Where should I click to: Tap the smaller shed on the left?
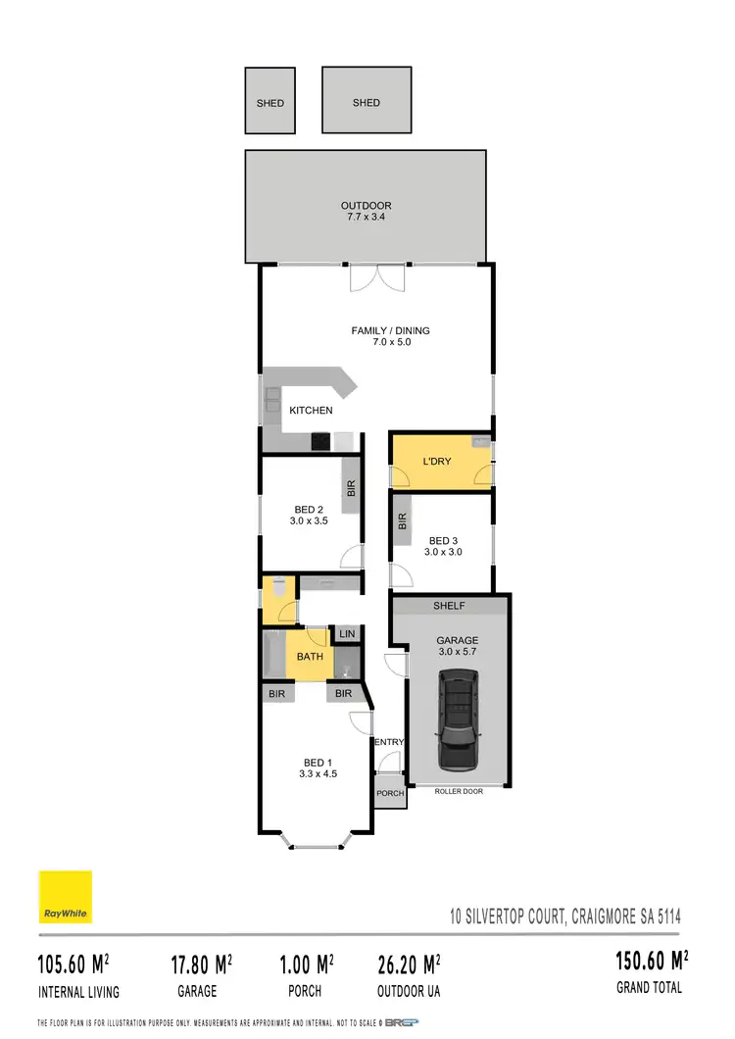tap(269, 102)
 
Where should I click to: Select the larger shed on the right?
tap(367, 102)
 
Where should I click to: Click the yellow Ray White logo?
tap(66, 897)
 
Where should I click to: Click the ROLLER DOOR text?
tap(459, 791)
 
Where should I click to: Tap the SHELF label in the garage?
tap(450, 606)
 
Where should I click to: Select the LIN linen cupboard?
tap(346, 635)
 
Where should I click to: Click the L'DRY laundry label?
tap(436, 461)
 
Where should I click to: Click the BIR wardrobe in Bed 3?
tap(402, 521)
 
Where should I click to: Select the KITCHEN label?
tap(311, 410)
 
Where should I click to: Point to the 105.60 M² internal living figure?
tap(73, 965)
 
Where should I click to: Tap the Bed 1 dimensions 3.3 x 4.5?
tap(318, 773)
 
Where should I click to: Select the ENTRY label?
tap(389, 742)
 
